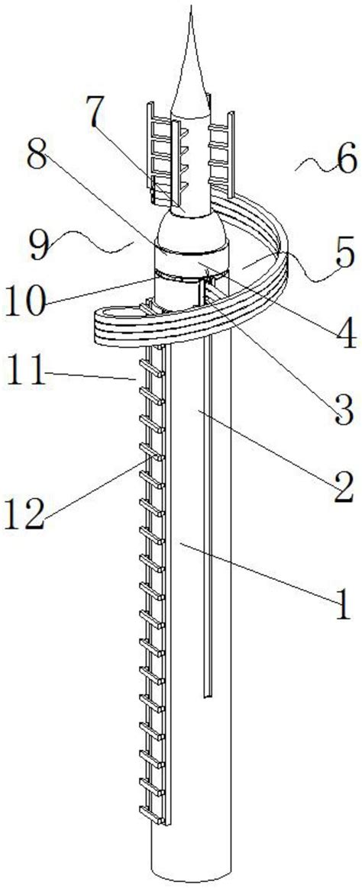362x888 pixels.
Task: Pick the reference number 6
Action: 344,162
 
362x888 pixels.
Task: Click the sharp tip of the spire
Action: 192,5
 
